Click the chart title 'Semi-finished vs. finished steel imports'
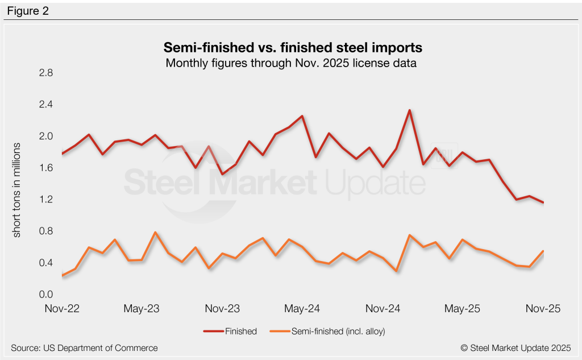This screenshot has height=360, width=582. [293, 46]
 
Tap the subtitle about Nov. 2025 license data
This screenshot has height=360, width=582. [291, 63]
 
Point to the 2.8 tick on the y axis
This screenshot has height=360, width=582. [45, 73]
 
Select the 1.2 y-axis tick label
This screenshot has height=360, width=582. [45, 200]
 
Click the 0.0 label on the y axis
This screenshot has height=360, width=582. [45, 295]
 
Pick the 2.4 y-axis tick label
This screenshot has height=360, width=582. [45, 105]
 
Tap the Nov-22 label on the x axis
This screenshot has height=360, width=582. [62, 309]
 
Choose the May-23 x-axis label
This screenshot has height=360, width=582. [142, 309]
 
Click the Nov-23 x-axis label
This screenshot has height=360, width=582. [222, 309]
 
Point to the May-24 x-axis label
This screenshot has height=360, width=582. [302, 309]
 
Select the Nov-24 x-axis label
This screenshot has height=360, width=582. [383, 309]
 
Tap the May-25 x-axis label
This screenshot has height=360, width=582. [463, 309]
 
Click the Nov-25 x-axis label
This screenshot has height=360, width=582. [543, 309]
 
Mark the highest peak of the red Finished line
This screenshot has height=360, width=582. [409, 110]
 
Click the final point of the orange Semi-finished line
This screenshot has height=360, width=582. [543, 251]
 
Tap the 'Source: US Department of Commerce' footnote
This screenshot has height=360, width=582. [84, 347]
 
